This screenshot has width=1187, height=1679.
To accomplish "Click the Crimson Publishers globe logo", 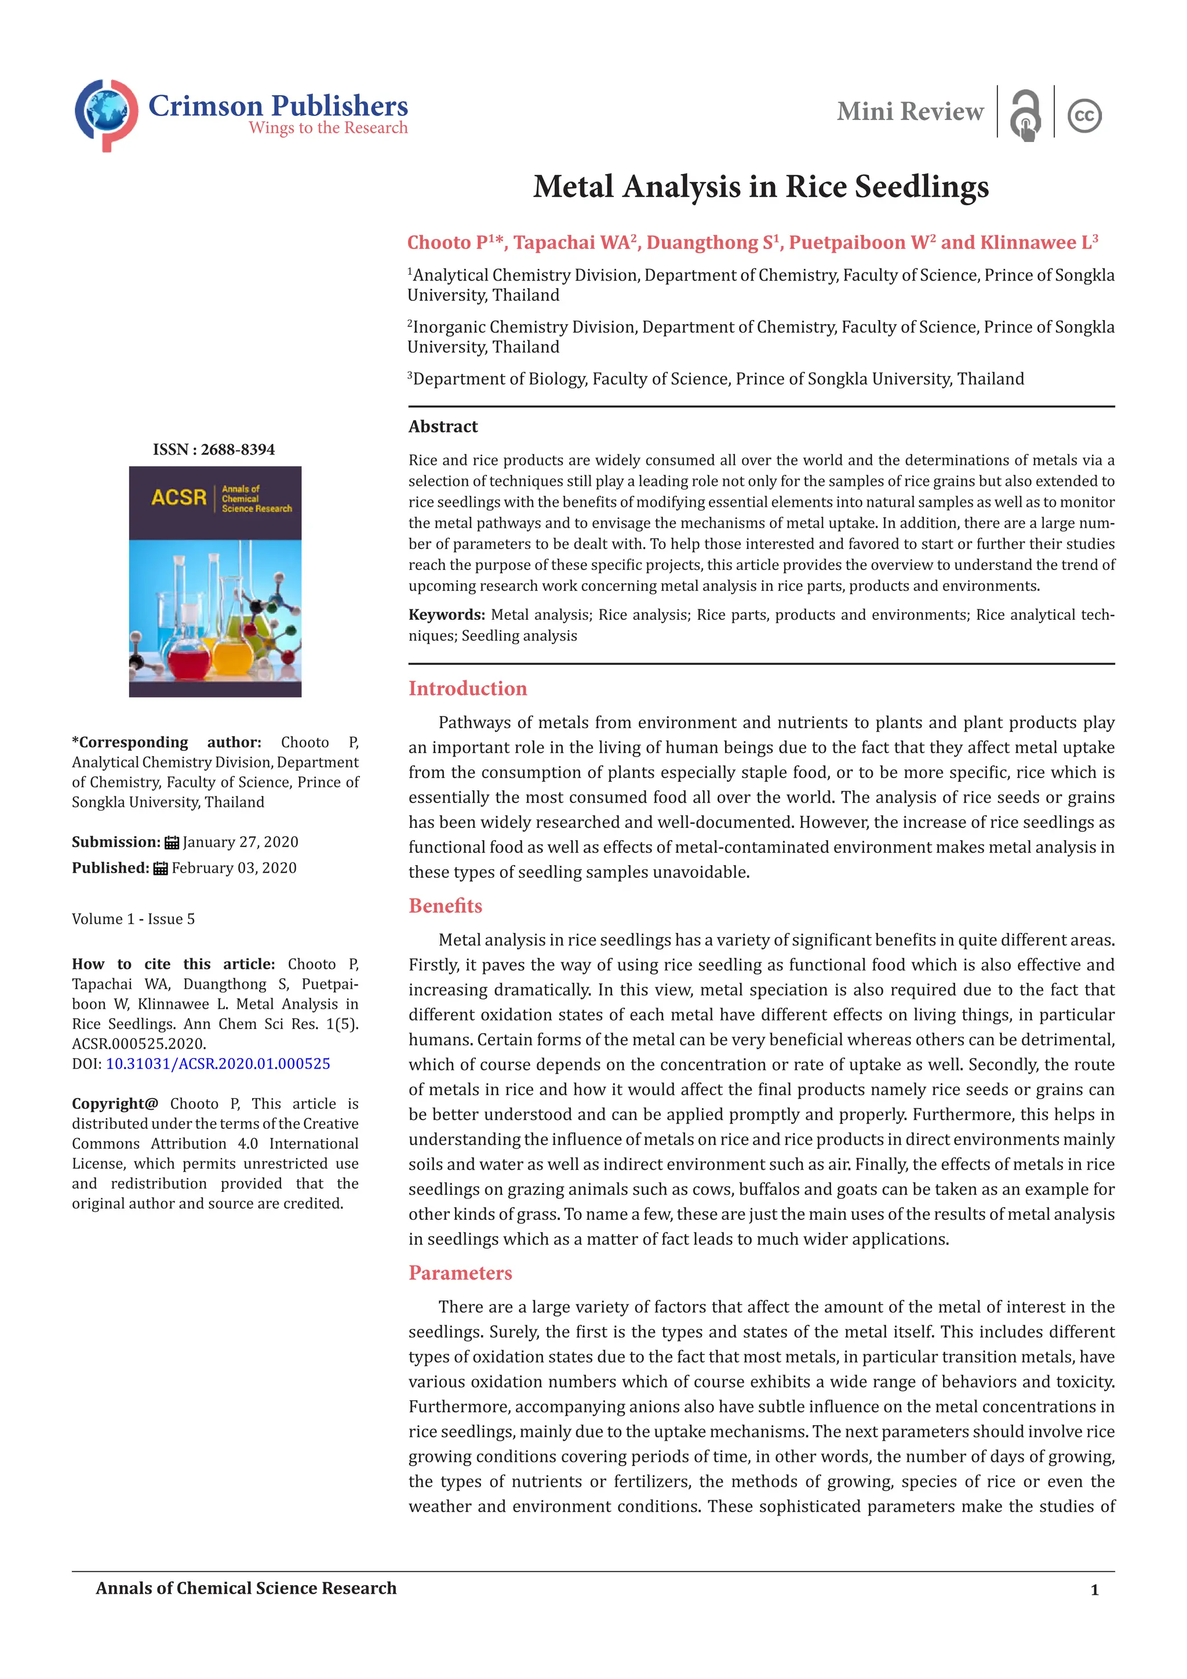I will point(106,115).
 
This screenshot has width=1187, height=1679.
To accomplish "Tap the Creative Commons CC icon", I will point(1084,115).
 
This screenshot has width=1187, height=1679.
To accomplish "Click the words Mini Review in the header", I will point(910,112).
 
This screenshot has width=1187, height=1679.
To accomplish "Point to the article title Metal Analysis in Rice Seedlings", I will point(760,187).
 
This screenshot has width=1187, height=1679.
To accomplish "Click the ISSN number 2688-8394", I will point(238,449).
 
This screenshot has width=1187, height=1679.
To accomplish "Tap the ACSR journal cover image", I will point(215,582).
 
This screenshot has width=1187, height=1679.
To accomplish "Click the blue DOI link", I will point(218,1063).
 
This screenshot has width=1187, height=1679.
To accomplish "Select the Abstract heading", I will point(443,426).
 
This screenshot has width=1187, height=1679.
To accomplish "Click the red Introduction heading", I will point(467,688).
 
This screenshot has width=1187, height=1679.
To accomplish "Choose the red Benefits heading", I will point(445,906).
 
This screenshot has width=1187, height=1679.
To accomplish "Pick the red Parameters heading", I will point(460,1273).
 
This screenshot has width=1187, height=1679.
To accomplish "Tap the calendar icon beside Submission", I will point(172,842).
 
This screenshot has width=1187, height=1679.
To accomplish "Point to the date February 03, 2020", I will point(234,868).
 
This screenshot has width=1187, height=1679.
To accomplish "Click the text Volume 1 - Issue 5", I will point(133,919).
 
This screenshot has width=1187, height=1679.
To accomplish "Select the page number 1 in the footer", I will point(1094,1590).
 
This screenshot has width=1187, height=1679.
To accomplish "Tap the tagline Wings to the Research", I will point(327,128).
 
